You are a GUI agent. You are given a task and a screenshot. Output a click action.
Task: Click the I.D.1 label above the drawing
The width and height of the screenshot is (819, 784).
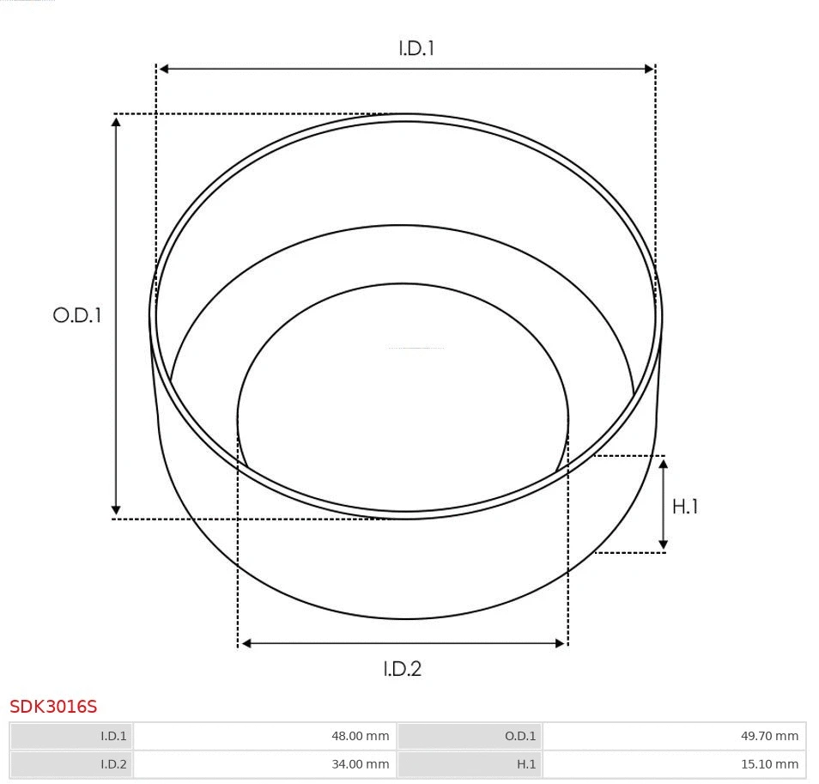click(x=416, y=49)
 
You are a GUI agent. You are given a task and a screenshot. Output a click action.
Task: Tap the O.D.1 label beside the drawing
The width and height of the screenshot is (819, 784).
click(x=77, y=315)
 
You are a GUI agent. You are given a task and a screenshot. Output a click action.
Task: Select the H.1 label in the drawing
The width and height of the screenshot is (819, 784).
click(x=685, y=507)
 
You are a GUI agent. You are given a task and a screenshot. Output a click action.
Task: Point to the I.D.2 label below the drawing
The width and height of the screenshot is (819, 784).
click(x=402, y=668)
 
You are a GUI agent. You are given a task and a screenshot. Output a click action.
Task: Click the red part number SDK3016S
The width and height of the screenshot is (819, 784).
click(x=53, y=707)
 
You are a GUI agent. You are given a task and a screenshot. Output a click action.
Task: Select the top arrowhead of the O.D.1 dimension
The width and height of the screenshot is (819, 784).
click(x=116, y=121)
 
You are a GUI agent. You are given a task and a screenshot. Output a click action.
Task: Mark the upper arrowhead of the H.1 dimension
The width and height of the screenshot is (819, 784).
click(x=663, y=464)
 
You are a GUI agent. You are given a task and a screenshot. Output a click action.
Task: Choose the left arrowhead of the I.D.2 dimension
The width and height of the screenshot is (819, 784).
click(x=245, y=643)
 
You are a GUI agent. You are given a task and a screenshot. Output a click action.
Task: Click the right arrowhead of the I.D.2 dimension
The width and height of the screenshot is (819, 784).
click(x=561, y=643)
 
